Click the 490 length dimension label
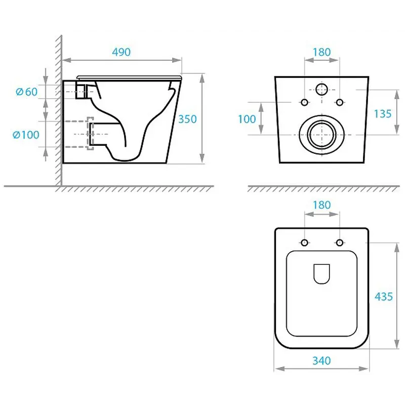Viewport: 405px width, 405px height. [121, 52]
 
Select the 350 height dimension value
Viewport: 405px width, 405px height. [187, 119]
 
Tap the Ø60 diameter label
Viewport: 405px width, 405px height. [27, 92]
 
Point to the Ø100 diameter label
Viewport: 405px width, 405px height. [26, 135]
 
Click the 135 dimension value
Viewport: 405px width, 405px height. [383, 113]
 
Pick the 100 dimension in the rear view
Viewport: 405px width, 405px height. [247, 119]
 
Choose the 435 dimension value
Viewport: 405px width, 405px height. [384, 297]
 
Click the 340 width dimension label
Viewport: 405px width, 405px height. [321, 361]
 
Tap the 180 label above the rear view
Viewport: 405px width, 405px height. [321, 52]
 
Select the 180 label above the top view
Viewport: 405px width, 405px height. [321, 205]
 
